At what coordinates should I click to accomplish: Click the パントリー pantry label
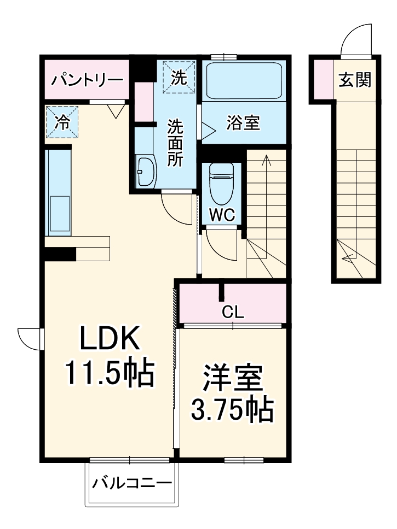87,80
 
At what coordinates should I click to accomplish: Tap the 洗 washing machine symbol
179,77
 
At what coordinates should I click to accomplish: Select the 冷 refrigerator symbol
62,121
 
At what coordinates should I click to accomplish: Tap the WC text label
222,215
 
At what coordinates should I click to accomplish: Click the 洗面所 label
175,143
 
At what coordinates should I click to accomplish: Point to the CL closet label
233,313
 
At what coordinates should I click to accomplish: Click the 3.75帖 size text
232,408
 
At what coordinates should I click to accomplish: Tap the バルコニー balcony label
132,483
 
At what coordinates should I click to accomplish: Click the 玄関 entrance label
355,80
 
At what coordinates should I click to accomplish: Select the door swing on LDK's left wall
29,338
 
